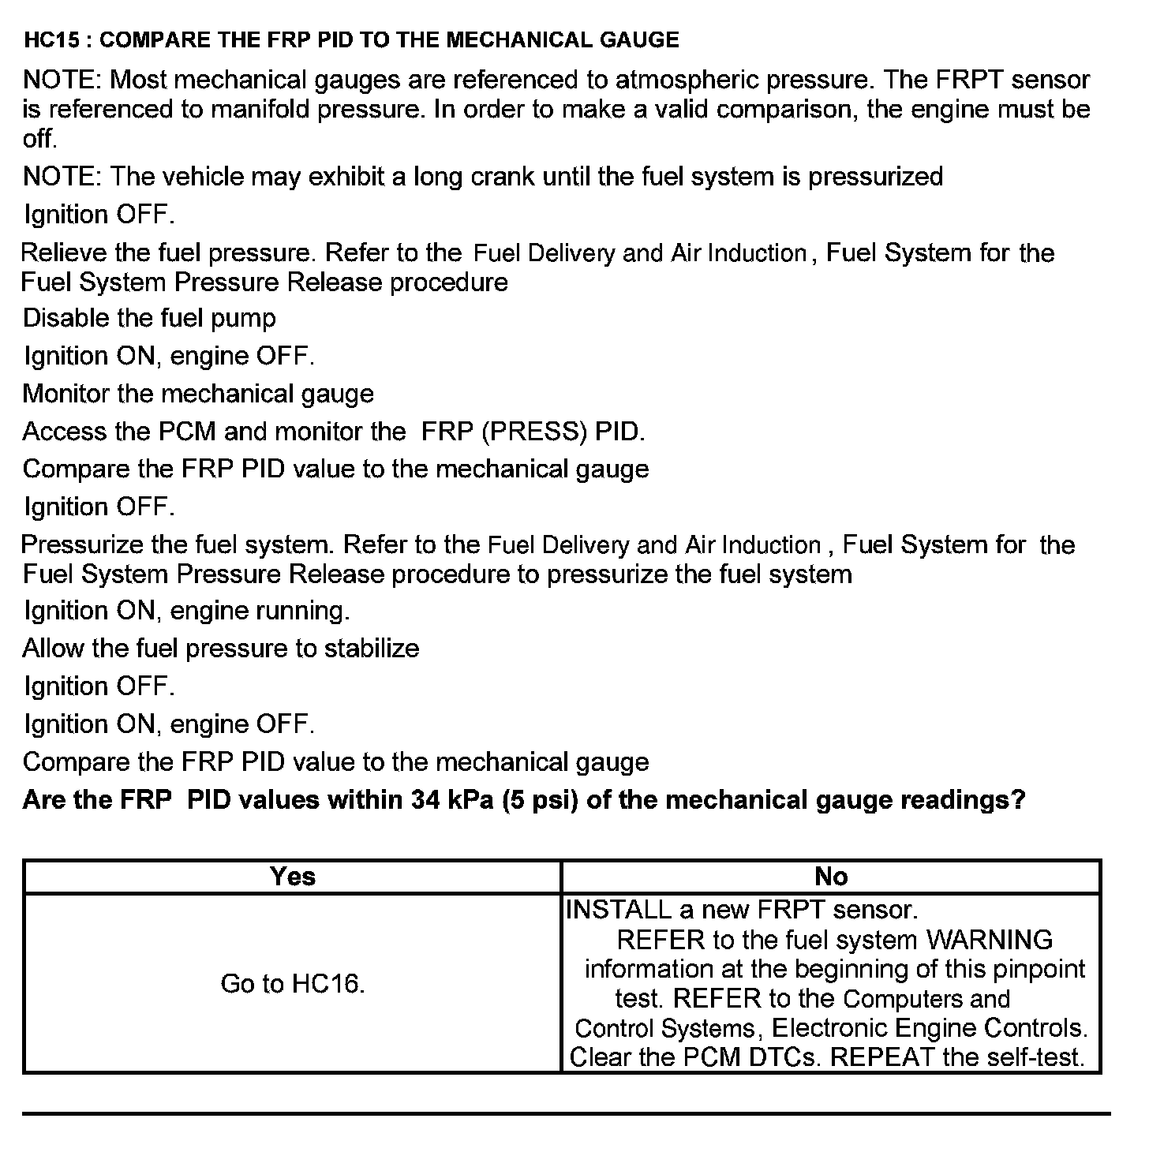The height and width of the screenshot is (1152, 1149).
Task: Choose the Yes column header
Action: pos(292,876)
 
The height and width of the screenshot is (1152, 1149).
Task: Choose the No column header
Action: pos(831,876)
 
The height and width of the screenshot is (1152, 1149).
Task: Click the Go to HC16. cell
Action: pos(292,983)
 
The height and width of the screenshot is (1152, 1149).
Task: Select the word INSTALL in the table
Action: pos(619,910)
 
